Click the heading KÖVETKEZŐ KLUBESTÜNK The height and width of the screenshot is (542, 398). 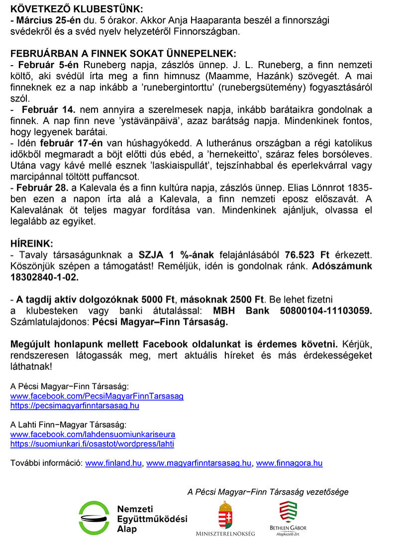(76, 9)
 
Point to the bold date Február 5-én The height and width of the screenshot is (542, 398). (49, 65)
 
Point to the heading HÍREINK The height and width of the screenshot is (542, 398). (31, 244)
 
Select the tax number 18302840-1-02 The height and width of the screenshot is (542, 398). (44, 277)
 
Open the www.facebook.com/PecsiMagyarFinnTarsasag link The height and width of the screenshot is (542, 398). (97, 396)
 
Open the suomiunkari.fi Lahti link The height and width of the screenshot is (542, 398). (92, 444)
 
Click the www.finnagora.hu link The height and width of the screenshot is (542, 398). (289, 463)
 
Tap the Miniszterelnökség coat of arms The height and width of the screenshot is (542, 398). (225, 515)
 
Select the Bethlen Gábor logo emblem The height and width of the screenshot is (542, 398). (288, 513)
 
